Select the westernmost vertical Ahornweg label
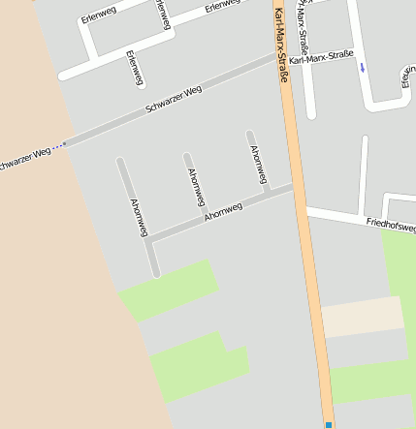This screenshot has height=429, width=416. pos(138,218)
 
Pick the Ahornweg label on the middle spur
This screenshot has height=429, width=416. pos(196,186)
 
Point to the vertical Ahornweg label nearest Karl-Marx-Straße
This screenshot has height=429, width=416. pos(257,166)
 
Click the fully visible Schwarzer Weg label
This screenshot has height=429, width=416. pos(173,102)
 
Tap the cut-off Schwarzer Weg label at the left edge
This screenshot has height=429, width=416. pos(23,158)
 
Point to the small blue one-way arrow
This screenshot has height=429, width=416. pos(363,68)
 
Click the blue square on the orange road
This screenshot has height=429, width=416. pos(329,424)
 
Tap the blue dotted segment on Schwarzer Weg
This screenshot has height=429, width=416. pos(59,145)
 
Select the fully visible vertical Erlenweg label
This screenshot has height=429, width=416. pos(135,68)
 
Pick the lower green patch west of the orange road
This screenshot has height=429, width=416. pos(199,366)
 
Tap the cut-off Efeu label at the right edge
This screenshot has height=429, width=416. pos(407,77)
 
